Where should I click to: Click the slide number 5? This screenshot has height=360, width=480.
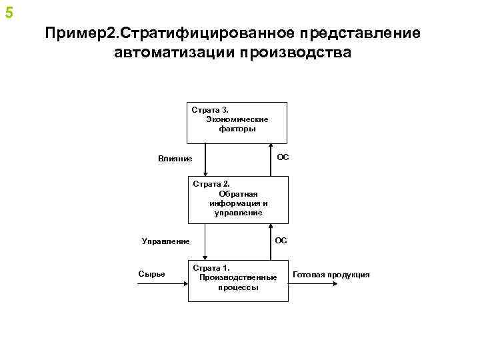coord(9,13)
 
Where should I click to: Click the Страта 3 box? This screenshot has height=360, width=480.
coord(237,123)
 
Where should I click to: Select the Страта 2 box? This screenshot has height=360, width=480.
coord(238,199)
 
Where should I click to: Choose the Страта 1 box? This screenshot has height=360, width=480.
coord(237,279)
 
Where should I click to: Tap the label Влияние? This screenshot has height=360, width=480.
coord(175,159)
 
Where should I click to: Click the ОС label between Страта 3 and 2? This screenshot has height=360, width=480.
coord(283,157)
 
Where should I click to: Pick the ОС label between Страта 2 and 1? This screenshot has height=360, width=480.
coord(281,240)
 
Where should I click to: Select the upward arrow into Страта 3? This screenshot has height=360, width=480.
coord(270,160)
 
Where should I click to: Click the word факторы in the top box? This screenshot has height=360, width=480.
coord(237,129)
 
